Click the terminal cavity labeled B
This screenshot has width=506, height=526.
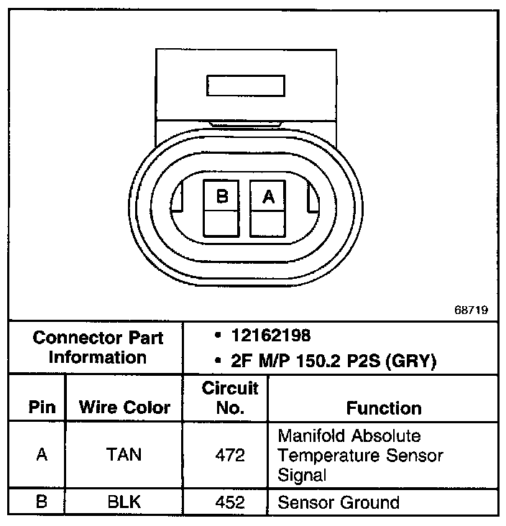(222, 208)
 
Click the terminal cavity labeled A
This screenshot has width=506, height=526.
(268, 208)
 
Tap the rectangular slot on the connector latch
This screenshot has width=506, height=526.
(246, 86)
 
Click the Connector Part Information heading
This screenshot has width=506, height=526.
(98, 347)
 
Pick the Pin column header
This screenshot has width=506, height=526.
(42, 408)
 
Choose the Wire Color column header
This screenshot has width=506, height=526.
(124, 408)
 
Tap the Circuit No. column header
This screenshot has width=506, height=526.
(229, 399)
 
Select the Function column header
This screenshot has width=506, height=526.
(384, 408)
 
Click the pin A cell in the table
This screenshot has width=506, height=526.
(42, 456)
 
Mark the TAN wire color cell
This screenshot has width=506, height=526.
(124, 456)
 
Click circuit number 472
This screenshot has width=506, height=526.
(229, 456)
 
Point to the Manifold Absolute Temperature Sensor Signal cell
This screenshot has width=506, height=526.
(360, 456)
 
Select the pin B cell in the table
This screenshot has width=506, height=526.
(42, 502)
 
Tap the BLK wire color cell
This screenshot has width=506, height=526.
(124, 502)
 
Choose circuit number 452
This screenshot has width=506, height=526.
(229, 502)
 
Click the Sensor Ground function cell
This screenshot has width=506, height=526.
(338, 502)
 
